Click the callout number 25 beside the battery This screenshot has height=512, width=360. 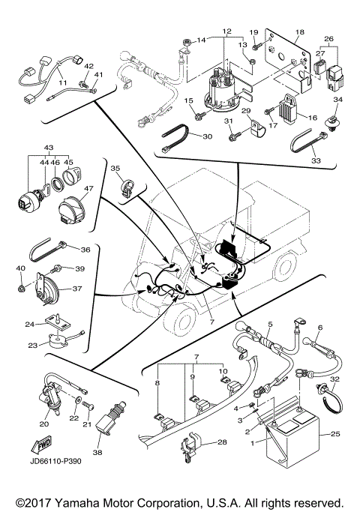point(334,434)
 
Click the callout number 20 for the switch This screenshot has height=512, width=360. point(44,424)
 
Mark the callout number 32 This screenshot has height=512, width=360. point(334,380)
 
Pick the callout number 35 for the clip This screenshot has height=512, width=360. point(115,169)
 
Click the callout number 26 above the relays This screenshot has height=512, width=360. point(328,38)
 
